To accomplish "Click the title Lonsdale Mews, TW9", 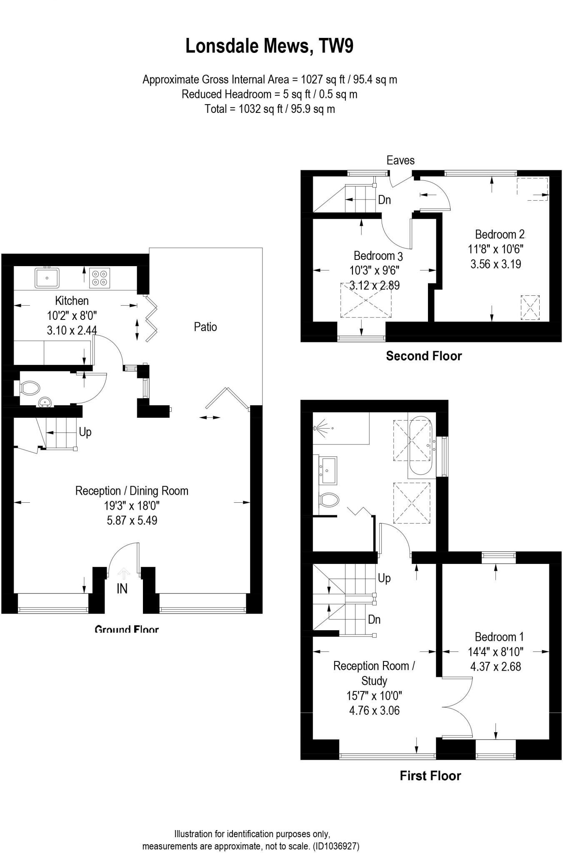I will pos(269,46).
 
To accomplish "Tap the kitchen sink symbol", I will pos(47,278).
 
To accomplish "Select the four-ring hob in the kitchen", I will pos(100,278).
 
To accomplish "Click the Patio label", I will pos(205,327).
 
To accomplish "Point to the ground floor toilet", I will pos(29,388).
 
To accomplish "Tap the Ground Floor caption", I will pos(127,629).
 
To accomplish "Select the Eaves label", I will pos(400,160).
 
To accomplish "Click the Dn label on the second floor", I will pos(384,200).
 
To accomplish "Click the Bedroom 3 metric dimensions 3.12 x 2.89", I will pos(374,286).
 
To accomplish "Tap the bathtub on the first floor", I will pos(419,447).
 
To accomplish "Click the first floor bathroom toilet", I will pos(329,499).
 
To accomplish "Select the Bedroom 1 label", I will pos(499,636).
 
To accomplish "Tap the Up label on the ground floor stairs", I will pos(85,432).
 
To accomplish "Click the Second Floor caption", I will pos(424,356).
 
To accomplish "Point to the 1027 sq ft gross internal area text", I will pos(321,79).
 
